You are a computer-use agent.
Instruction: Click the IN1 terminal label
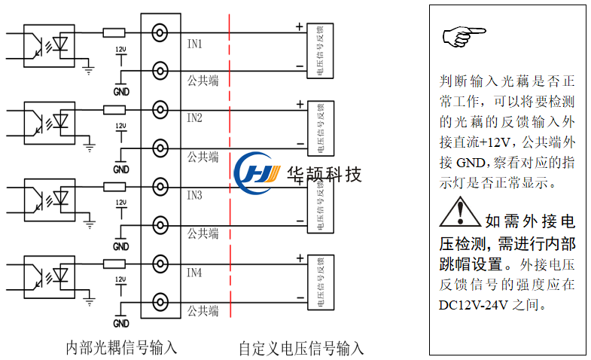(194, 44)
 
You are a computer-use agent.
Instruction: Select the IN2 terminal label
(194, 118)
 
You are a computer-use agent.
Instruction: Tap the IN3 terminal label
(194, 196)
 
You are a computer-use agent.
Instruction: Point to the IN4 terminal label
(194, 273)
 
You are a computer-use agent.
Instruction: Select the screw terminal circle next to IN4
(160, 264)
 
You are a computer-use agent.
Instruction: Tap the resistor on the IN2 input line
(114, 110)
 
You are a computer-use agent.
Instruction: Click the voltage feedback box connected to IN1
(320, 50)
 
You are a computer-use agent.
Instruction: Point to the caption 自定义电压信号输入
(301, 349)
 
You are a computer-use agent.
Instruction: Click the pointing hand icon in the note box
(464, 35)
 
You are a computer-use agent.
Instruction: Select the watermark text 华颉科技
(325, 174)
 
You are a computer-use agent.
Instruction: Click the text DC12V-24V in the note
(471, 306)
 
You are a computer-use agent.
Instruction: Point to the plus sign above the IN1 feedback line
(300, 27)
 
